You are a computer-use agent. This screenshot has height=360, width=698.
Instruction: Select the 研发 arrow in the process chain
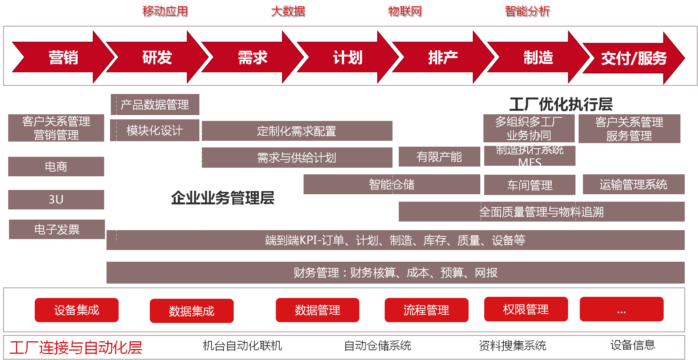(157, 58)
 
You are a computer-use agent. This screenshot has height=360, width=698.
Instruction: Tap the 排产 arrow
(443, 58)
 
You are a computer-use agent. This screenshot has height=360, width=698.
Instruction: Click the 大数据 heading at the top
(288, 12)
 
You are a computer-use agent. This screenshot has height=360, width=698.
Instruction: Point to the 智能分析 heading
(528, 12)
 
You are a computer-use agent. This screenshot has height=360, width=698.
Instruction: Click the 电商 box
(56, 167)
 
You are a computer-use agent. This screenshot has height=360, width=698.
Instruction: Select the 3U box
(56, 199)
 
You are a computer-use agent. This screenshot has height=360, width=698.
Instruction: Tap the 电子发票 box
(57, 229)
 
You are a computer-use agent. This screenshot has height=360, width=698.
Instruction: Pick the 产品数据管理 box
(155, 105)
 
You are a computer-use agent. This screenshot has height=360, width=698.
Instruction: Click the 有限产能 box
(439, 157)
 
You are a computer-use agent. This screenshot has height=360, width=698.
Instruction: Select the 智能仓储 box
(392, 184)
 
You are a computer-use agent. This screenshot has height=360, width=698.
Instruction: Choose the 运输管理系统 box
(633, 184)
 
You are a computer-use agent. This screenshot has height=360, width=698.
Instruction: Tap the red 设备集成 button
(76, 310)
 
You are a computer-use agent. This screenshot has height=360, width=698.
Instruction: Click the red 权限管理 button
(526, 309)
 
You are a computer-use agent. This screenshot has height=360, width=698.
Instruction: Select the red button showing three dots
(621, 309)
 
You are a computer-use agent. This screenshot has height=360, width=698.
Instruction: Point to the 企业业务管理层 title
(223, 198)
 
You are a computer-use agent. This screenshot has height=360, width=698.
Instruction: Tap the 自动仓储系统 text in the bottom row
(378, 346)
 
